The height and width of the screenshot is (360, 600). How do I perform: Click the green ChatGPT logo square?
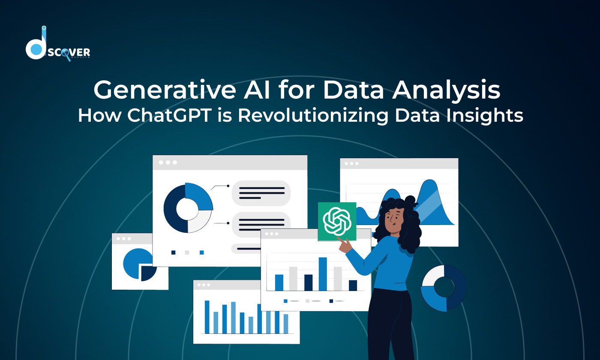tap(337, 221)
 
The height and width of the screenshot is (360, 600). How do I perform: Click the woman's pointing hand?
tap(345, 245)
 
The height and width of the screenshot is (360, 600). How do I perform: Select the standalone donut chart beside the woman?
tap(444, 288)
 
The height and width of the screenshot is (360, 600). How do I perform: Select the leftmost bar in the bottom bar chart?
tap(207, 317)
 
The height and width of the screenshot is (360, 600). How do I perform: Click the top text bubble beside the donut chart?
tap(261, 193)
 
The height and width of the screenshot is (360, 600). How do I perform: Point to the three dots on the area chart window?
tap(352, 163)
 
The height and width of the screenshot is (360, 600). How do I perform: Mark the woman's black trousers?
tap(388, 326)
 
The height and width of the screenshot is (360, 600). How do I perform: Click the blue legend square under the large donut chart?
tap(202, 252)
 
